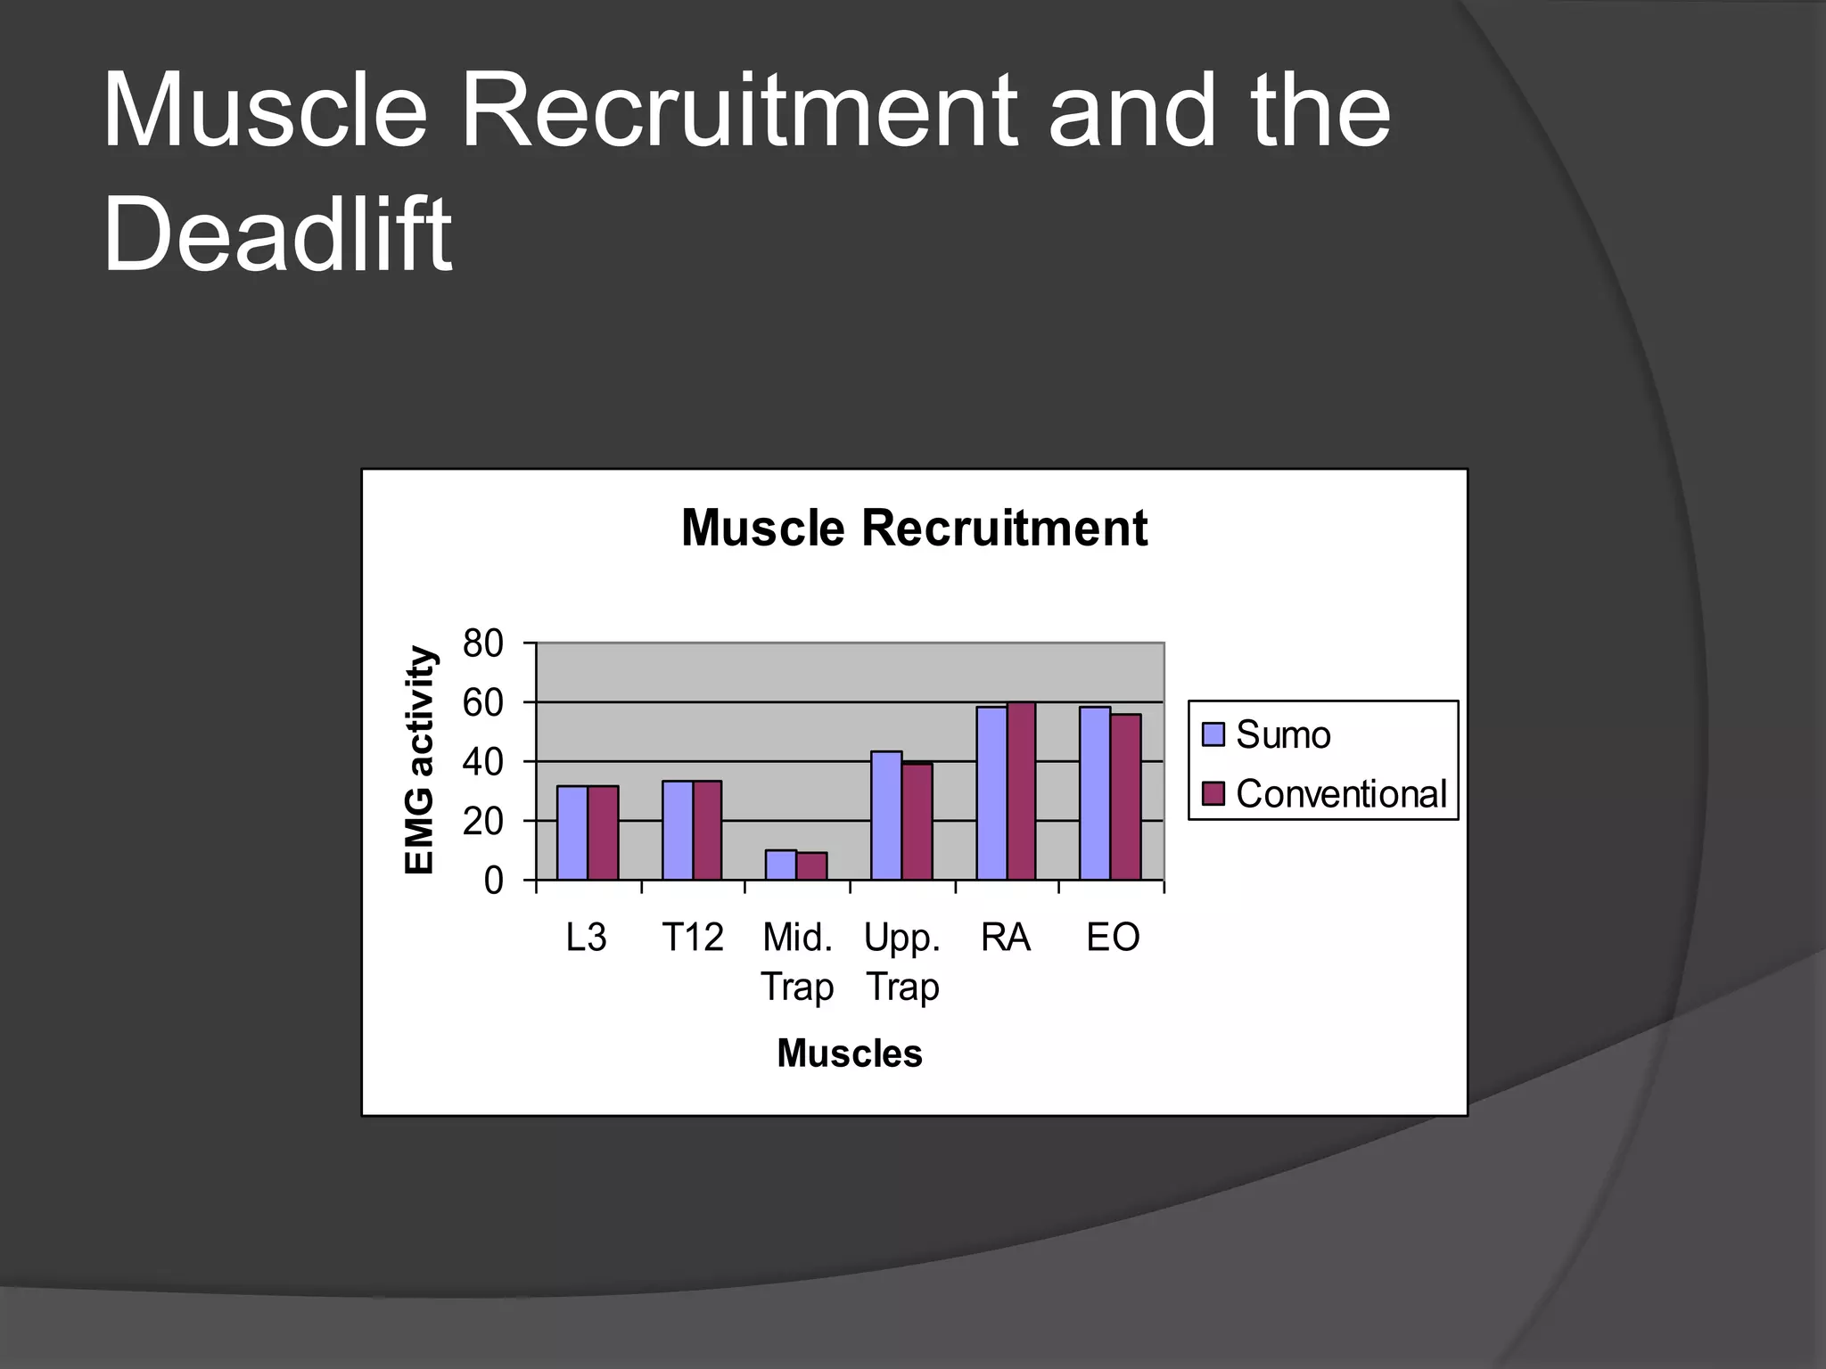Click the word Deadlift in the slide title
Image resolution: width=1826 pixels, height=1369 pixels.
point(277,234)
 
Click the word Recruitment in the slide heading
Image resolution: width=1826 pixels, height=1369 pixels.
point(739,111)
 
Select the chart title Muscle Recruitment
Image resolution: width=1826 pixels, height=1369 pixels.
point(913,528)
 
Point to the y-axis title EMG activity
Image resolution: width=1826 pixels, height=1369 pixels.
point(419,760)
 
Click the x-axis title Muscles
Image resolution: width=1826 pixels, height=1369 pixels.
point(849,1053)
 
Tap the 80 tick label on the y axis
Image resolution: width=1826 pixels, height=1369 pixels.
point(482,644)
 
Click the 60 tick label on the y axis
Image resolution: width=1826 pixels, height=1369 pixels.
point(482,703)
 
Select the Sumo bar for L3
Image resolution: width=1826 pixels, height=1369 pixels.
point(572,833)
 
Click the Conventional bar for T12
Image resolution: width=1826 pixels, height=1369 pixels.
point(707,831)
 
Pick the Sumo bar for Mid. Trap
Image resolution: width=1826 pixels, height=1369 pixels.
point(780,865)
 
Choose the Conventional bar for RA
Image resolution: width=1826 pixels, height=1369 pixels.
point(1021,791)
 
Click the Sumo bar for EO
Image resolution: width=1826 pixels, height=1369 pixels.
point(1094,793)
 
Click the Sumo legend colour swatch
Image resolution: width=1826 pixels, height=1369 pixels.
point(1213,734)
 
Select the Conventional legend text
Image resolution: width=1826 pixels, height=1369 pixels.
point(1340,793)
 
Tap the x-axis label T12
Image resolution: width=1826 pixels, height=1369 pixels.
point(692,938)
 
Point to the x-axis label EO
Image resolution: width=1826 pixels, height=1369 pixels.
point(1113,938)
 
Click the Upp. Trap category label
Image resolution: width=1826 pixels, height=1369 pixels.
point(902,962)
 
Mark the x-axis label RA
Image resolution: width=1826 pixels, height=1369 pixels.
point(1006,938)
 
